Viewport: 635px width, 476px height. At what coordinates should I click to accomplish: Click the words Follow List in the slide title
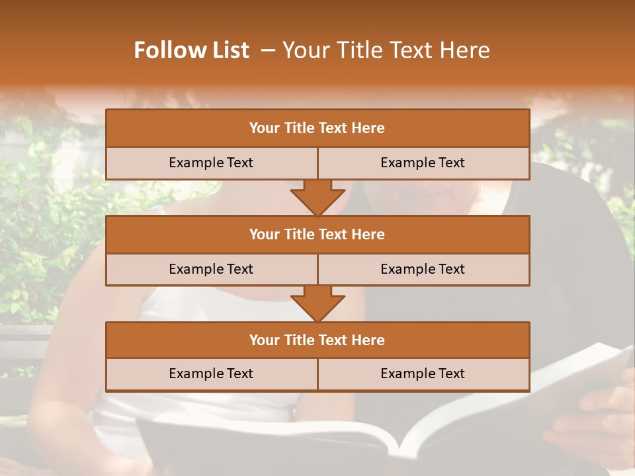pyautogui.click(x=191, y=50)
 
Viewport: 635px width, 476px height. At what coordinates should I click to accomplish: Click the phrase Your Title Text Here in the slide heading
pyautogui.click(x=386, y=50)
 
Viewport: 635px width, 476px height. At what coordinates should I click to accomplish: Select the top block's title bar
pyautogui.click(x=317, y=128)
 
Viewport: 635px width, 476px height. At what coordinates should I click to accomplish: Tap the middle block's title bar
pyautogui.click(x=317, y=234)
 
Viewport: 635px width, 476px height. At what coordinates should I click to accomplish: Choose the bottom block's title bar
pyautogui.click(x=317, y=340)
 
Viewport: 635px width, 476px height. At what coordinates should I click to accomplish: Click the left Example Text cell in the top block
pyautogui.click(x=211, y=163)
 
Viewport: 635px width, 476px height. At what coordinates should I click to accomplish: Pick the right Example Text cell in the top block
pyautogui.click(x=423, y=163)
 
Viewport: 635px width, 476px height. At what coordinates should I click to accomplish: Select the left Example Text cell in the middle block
pyautogui.click(x=211, y=269)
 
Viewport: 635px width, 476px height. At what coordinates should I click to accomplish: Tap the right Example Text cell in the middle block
pyautogui.click(x=423, y=269)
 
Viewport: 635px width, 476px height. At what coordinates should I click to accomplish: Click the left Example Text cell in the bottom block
pyautogui.click(x=211, y=374)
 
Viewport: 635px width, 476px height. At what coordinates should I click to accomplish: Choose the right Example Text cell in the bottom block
pyautogui.click(x=423, y=374)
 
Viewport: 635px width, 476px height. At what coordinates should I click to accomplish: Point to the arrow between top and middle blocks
pyautogui.click(x=317, y=198)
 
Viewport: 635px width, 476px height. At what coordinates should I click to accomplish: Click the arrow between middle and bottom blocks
pyautogui.click(x=317, y=303)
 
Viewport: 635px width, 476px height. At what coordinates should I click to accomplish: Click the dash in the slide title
pyautogui.click(x=268, y=50)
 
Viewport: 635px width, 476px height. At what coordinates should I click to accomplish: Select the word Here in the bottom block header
pyautogui.click(x=368, y=340)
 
